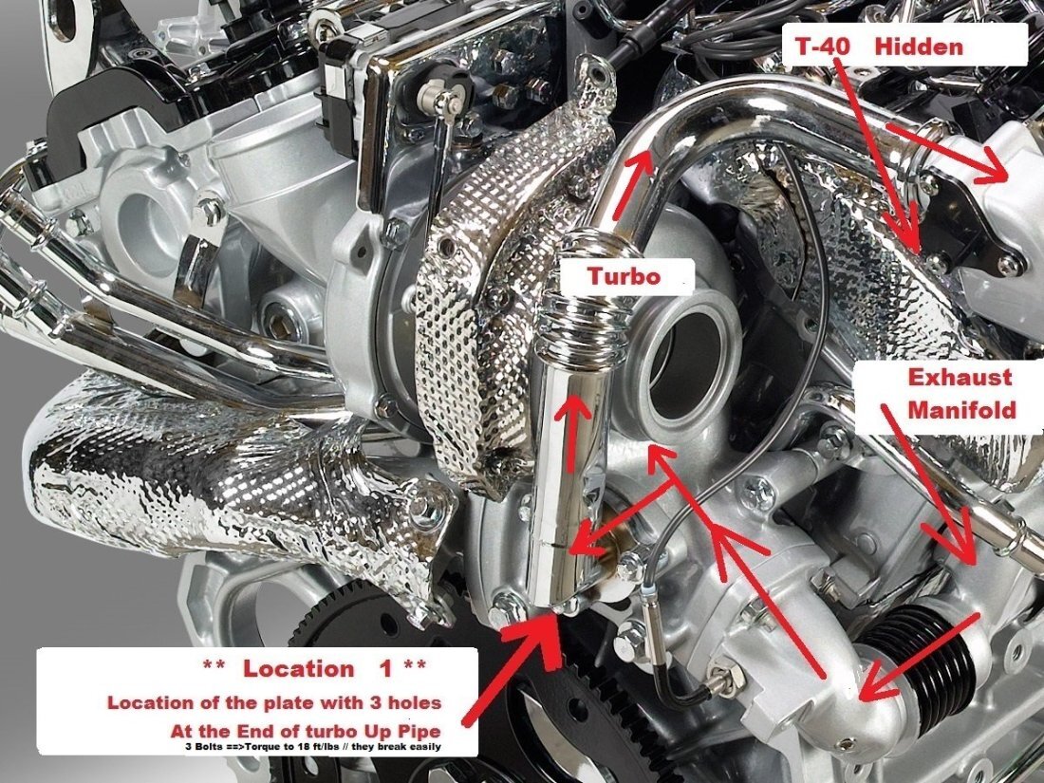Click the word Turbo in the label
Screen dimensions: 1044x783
point(624,276)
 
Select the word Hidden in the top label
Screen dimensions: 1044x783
point(919,47)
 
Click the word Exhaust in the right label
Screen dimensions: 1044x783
point(960,377)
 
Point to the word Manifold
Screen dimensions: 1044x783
point(962,409)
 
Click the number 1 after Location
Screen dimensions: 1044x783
point(386,668)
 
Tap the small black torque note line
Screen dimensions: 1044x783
point(313,746)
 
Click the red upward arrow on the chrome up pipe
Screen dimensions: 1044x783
point(571,433)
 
